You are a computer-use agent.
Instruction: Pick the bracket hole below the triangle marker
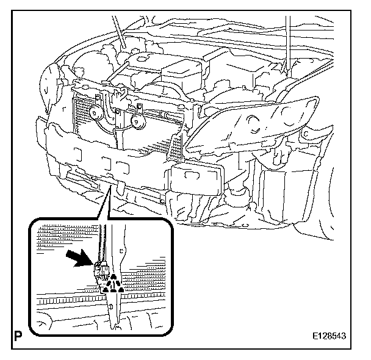113,300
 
